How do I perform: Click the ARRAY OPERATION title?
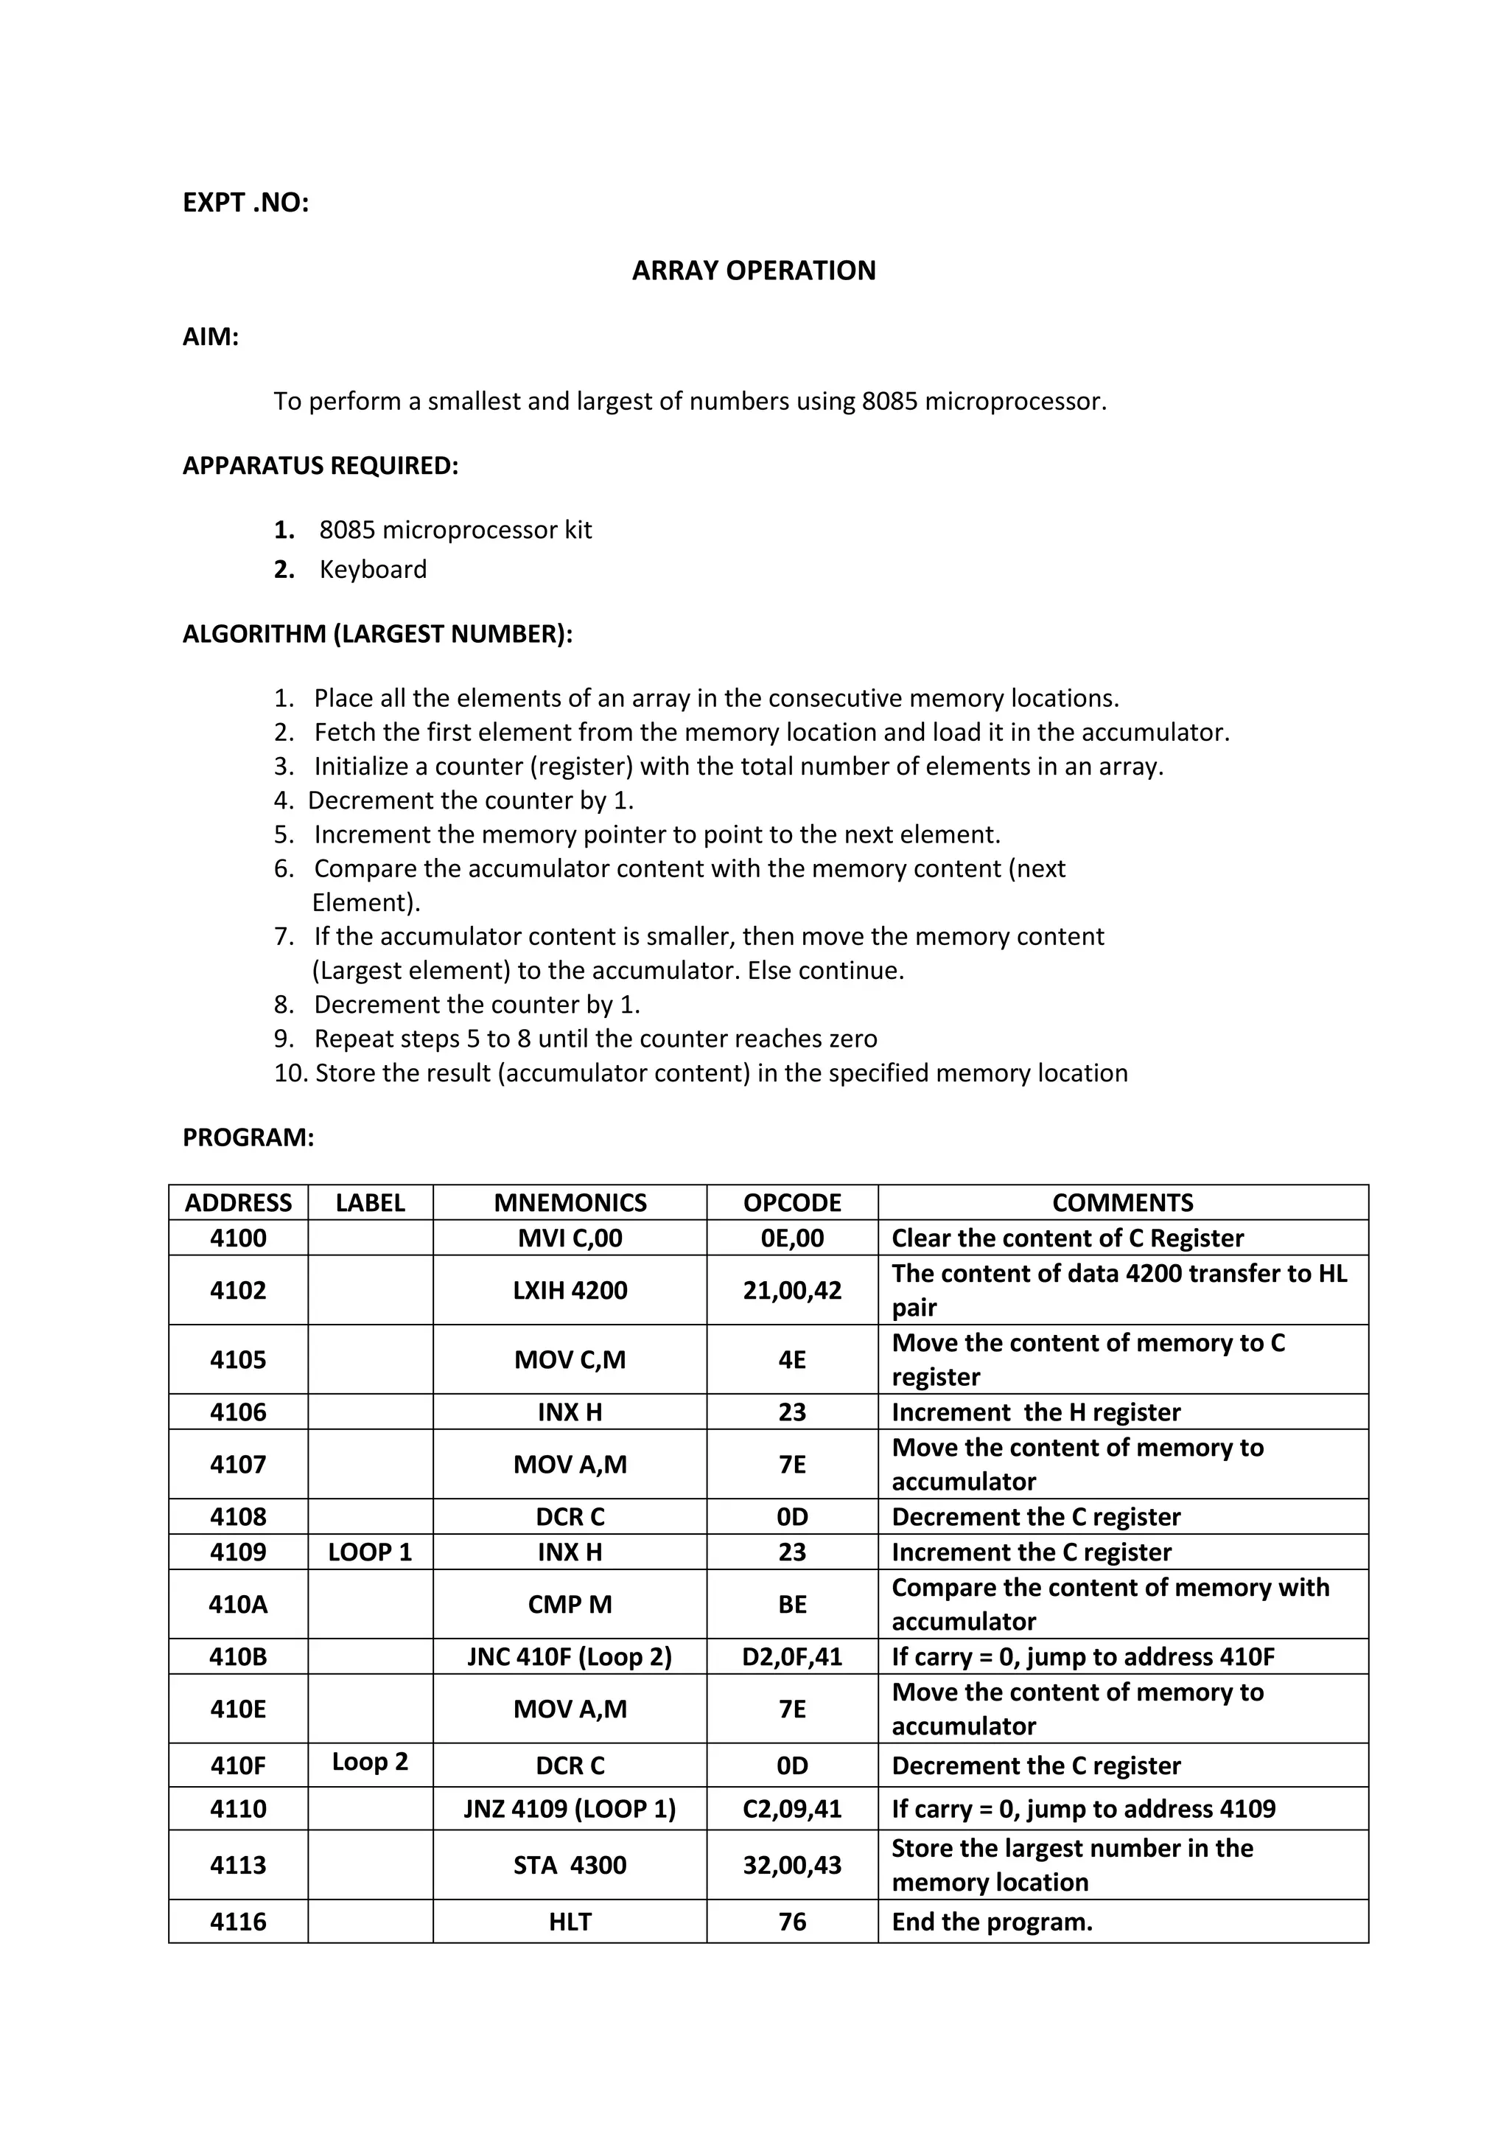click(754, 271)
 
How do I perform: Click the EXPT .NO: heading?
click(245, 203)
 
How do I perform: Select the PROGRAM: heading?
click(248, 1137)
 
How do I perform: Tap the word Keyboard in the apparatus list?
click(373, 569)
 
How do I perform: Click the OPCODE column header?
click(791, 1203)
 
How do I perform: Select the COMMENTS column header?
click(1122, 1203)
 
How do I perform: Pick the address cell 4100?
click(238, 1238)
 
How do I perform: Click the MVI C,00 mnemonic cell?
click(570, 1238)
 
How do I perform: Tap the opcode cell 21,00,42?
click(791, 1290)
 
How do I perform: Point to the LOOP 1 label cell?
click(370, 1552)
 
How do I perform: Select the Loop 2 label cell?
click(370, 1761)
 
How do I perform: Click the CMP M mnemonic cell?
click(570, 1604)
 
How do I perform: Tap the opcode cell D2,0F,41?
click(791, 1656)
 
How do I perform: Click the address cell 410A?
click(238, 1604)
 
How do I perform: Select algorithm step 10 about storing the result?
click(701, 1073)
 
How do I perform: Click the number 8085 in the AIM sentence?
click(889, 402)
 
